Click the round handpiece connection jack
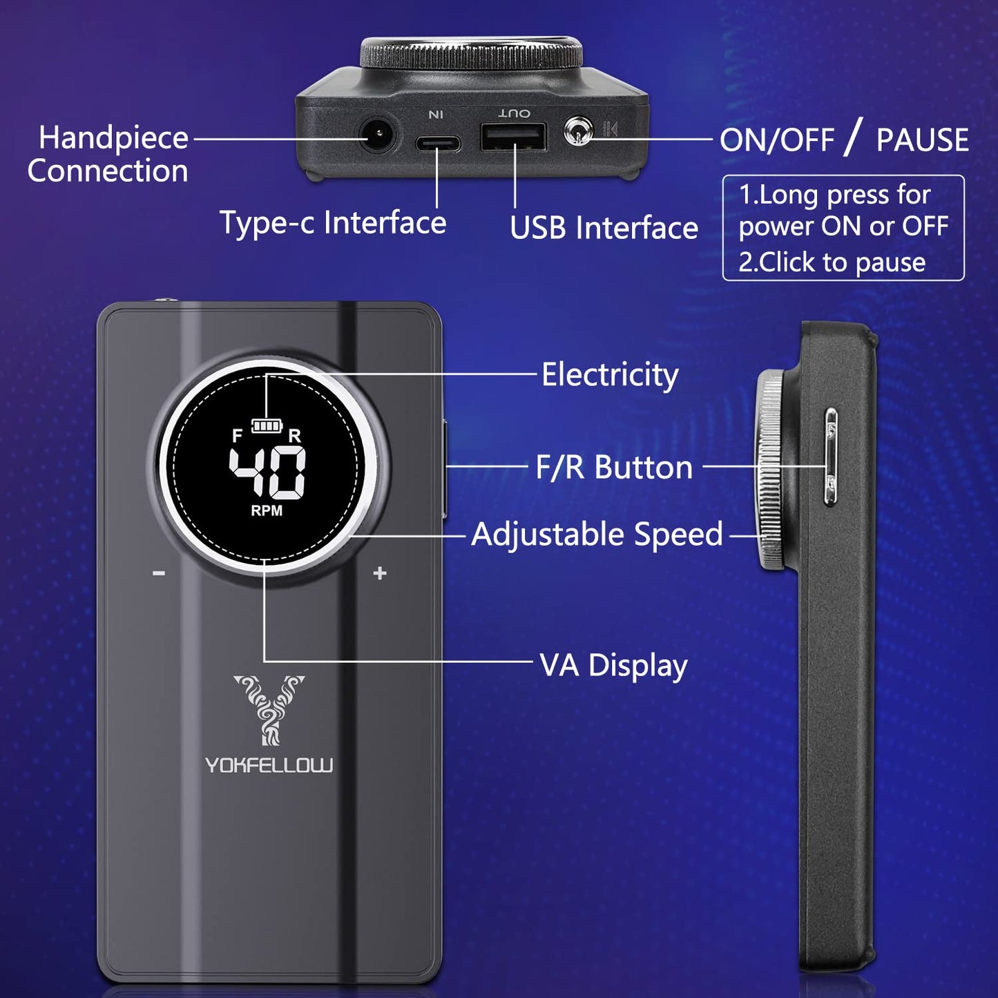click(379, 135)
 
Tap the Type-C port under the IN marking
click(438, 143)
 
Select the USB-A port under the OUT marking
click(512, 137)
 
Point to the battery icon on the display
click(267, 425)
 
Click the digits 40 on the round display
click(267, 473)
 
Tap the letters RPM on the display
click(267, 510)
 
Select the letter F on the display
click(237, 436)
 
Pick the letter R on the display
click(295, 436)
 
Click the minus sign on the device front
click(159, 573)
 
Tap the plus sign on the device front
click(380, 573)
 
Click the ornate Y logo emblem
click(269, 710)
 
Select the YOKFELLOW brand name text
click(269, 765)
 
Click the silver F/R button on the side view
click(830, 456)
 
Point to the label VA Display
click(614, 666)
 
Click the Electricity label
click(610, 375)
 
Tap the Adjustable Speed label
click(597, 534)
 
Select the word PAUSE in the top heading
click(923, 140)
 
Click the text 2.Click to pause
click(832, 262)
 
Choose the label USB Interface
click(604, 228)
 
